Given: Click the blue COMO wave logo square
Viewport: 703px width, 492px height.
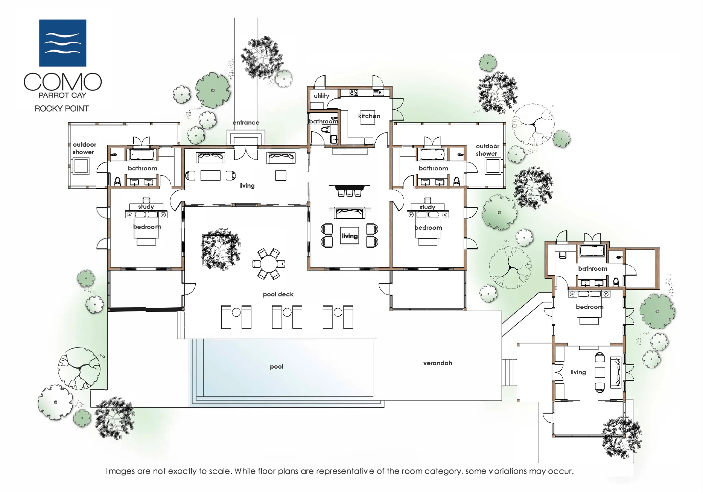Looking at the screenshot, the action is [x=63, y=43].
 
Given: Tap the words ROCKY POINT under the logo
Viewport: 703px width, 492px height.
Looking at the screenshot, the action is [x=62, y=109].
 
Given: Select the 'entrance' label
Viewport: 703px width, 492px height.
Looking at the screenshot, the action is [x=246, y=123].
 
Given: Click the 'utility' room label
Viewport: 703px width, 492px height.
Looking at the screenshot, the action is [x=321, y=96].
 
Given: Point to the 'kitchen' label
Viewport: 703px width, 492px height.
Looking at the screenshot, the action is [x=369, y=116].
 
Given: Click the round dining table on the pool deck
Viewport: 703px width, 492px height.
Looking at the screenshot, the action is [x=269, y=264].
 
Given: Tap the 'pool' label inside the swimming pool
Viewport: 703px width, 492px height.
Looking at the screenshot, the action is [x=277, y=367].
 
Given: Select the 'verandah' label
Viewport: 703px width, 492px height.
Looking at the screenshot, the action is [x=438, y=363].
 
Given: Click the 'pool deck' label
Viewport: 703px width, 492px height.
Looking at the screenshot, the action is [x=278, y=294].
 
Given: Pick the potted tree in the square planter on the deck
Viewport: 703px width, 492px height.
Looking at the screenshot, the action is [x=221, y=249].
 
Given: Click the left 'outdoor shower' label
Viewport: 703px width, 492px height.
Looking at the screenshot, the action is [x=84, y=148].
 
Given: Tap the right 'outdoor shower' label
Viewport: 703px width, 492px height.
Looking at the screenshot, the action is [x=487, y=150].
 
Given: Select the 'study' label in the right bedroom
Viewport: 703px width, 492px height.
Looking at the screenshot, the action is [x=428, y=207].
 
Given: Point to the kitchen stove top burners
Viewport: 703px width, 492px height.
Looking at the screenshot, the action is [x=354, y=92].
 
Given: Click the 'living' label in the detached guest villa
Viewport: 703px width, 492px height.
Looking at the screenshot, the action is [x=578, y=372].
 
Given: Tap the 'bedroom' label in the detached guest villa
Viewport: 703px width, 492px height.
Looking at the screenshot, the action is [x=590, y=307].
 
